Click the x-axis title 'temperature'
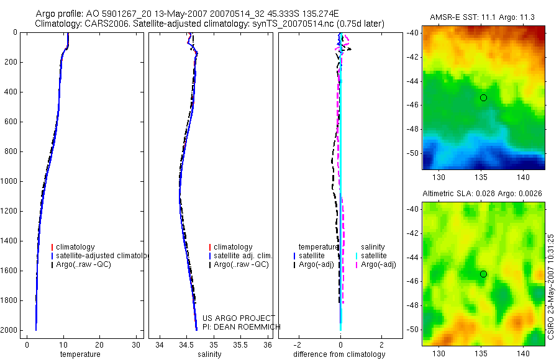click(x=80, y=354)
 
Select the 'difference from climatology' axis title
click(x=339, y=354)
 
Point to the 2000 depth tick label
click(x=9, y=330)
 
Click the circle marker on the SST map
click(x=483, y=97)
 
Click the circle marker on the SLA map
click(x=483, y=274)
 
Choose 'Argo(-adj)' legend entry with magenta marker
click(x=378, y=264)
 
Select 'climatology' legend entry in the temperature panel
click(x=75, y=247)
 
